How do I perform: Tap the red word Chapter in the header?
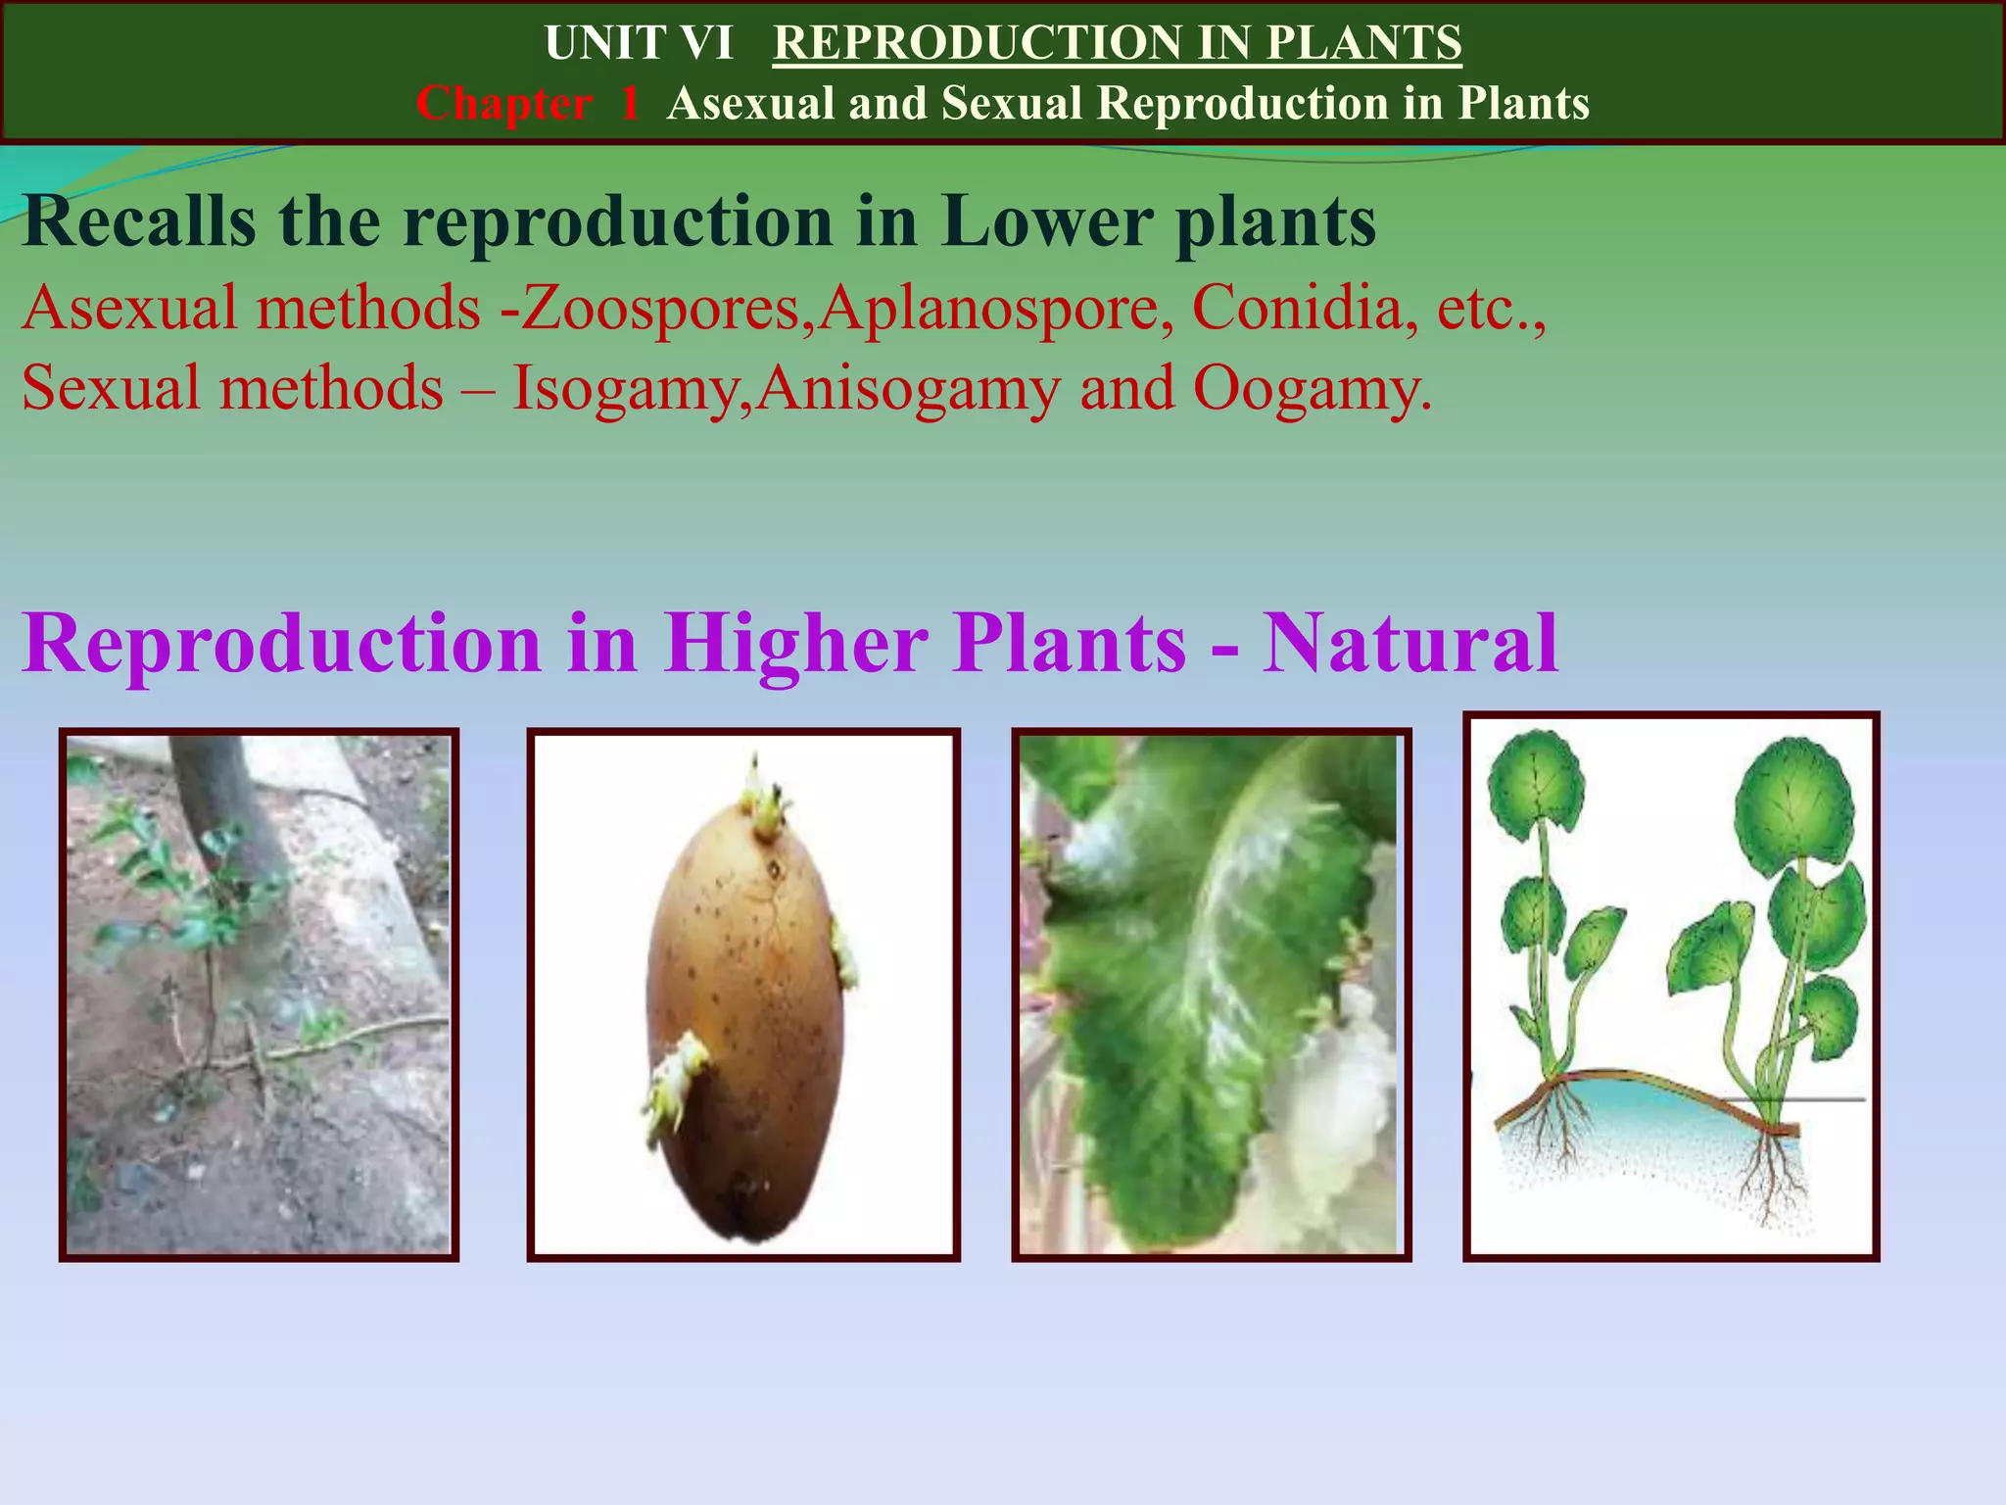[x=503, y=104]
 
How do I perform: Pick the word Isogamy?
[x=623, y=388]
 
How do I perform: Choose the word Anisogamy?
[x=908, y=388]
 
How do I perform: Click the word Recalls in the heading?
[x=139, y=221]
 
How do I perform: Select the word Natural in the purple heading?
[x=1409, y=644]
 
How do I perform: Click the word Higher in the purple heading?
[x=795, y=644]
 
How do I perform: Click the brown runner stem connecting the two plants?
[x=1665, y=1088]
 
